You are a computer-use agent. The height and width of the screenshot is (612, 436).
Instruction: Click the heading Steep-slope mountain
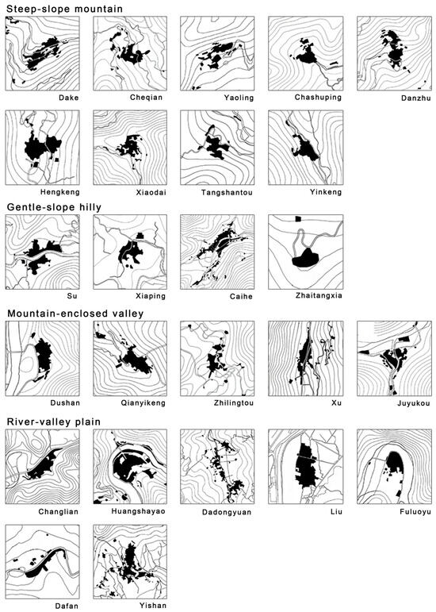(x=65, y=9)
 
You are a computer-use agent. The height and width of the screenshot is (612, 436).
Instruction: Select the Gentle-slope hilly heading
(x=54, y=207)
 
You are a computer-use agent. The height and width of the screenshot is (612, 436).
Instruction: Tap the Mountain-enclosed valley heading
(x=75, y=314)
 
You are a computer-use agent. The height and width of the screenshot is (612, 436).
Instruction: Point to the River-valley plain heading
(x=54, y=421)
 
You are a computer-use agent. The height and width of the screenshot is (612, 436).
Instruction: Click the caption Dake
(x=69, y=98)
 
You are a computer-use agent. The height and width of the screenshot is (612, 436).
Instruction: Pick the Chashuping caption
(x=318, y=98)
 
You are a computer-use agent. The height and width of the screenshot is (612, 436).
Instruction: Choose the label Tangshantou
(x=227, y=192)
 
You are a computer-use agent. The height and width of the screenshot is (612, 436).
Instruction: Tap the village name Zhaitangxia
(x=319, y=295)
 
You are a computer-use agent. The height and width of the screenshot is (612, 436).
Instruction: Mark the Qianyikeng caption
(x=143, y=402)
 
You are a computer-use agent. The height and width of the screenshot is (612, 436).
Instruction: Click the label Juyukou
(x=414, y=403)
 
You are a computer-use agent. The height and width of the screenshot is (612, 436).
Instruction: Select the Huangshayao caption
(x=138, y=511)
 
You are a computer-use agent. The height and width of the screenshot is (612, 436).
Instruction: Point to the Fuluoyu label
(x=415, y=512)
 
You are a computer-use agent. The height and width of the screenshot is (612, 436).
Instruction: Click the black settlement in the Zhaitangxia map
(x=306, y=258)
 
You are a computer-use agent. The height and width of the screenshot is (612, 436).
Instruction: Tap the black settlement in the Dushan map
(x=43, y=356)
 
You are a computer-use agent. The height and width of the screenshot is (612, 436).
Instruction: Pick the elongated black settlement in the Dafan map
(x=44, y=563)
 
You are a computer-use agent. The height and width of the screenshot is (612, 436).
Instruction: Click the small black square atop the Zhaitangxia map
(x=298, y=219)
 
